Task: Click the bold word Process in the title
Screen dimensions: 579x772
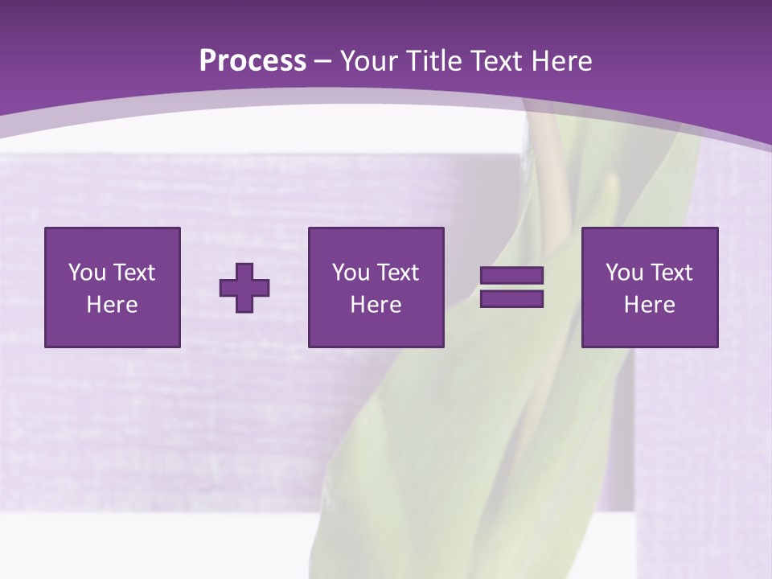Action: point(253,61)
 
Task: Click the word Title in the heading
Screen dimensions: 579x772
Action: point(433,61)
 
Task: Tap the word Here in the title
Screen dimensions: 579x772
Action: point(561,61)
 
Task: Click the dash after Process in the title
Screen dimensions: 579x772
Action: point(323,62)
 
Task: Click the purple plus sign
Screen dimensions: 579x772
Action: point(244,288)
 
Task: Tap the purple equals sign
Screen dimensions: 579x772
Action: point(511,287)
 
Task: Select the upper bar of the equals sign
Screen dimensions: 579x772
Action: point(511,276)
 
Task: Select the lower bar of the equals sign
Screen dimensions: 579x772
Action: point(511,298)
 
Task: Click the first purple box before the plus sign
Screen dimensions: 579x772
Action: point(113,287)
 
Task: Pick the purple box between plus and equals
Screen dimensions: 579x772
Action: point(376,287)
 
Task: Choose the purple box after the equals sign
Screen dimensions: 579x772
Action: point(650,287)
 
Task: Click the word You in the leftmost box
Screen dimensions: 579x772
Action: point(87,273)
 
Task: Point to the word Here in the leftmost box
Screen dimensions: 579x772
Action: point(113,305)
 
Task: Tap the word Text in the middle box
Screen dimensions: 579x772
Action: point(398,273)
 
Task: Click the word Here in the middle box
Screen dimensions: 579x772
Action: point(376,305)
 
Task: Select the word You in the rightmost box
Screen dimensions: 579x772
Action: point(624,273)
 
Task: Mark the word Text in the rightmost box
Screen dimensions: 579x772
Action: point(671,273)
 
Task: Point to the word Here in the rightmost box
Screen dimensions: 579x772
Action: point(650,305)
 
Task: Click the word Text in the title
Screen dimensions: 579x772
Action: point(495,61)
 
